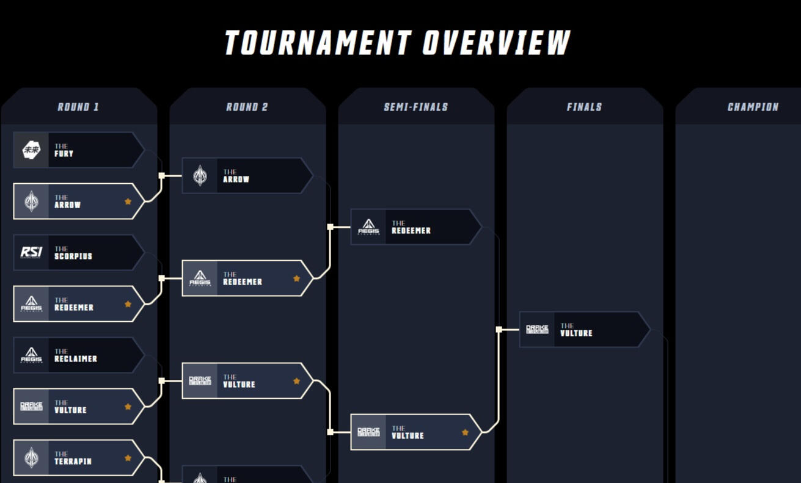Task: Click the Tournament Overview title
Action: coord(397,43)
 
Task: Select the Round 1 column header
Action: coord(78,107)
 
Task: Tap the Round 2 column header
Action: coord(247,107)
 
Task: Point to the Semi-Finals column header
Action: coord(415,107)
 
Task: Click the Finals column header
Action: coord(584,107)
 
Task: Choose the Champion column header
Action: coord(753,107)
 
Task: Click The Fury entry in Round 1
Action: coord(78,150)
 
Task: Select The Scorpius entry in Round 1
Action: coord(78,253)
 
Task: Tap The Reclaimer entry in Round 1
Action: coord(78,355)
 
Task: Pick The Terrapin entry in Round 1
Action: coord(78,458)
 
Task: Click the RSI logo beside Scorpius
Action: coord(31,252)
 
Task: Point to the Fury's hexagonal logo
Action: coord(31,150)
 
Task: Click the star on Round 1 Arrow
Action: coord(128,201)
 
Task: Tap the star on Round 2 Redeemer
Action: coord(296,278)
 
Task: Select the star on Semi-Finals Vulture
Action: coord(465,432)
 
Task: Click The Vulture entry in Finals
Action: coord(583,330)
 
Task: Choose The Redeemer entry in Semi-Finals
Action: coord(415,227)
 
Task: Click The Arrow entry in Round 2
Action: coord(247,176)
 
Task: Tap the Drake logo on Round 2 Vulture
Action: coord(200,380)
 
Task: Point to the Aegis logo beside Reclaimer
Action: coord(31,355)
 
